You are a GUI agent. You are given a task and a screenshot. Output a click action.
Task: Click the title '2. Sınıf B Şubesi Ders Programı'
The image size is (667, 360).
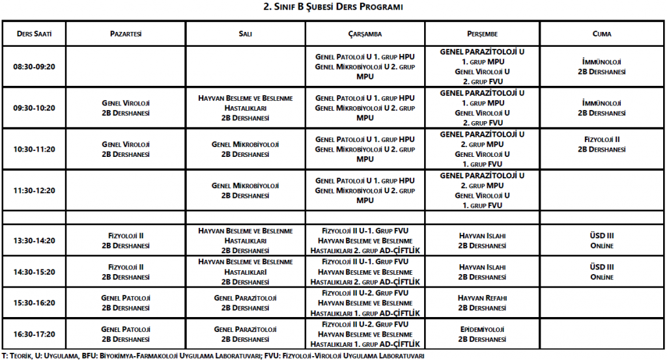tap(333, 7)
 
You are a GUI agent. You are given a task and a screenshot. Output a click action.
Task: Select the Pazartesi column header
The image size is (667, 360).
tap(126, 34)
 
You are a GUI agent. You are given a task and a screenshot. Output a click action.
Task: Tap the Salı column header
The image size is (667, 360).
tap(246, 34)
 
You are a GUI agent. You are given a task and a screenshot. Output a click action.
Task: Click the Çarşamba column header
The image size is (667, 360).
tap(365, 34)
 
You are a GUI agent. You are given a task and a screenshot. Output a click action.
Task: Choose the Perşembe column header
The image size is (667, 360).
tap(482, 34)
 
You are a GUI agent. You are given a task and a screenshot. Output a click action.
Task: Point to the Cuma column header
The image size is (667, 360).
tap(602, 34)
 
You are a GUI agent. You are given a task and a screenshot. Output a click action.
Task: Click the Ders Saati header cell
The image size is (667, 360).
tap(34, 34)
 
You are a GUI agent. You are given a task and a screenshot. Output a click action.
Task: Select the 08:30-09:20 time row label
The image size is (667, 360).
tap(34, 66)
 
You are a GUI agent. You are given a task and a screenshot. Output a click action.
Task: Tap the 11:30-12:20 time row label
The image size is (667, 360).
tap(34, 190)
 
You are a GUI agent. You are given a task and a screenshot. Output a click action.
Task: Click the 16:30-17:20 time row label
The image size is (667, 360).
tap(34, 334)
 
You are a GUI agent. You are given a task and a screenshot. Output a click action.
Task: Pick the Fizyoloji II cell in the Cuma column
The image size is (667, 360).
tap(602, 144)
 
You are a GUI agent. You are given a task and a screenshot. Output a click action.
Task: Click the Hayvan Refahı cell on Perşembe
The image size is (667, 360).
tap(482, 303)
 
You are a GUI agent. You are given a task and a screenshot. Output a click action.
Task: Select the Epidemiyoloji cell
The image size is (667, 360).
tap(482, 334)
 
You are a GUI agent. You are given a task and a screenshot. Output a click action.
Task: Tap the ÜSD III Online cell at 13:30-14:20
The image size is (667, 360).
tap(602, 240)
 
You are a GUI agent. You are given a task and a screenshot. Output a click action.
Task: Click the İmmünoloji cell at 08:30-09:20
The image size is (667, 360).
tap(602, 66)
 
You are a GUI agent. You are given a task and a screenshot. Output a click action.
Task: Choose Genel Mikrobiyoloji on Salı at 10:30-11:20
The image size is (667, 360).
tap(246, 149)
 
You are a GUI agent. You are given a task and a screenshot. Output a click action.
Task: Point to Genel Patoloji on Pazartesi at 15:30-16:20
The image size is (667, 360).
tap(126, 303)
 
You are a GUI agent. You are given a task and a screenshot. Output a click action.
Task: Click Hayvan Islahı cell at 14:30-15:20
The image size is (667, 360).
tap(482, 271)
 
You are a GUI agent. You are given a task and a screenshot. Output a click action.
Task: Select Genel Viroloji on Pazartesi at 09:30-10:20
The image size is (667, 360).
tap(126, 108)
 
